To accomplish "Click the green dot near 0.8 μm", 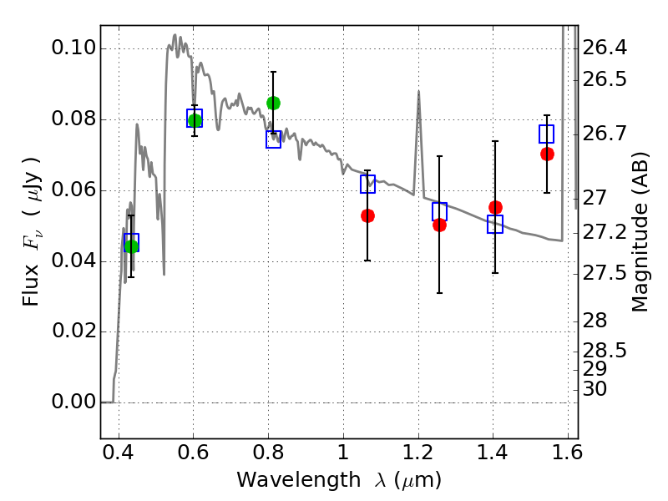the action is (x=273, y=103).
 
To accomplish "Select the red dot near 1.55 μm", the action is (x=548, y=154).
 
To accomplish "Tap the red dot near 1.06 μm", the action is (x=367, y=216).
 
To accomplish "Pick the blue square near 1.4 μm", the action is (x=495, y=224).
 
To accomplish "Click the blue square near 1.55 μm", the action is (x=547, y=134).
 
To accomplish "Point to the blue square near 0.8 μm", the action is (x=274, y=139).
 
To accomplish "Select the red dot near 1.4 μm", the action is (x=495, y=207).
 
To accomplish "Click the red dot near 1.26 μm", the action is (x=440, y=225).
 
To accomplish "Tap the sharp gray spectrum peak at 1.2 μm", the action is (x=419, y=91).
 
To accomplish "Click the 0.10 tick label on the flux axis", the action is (x=73, y=48).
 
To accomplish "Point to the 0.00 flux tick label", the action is (x=73, y=402).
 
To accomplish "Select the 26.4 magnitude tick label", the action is (x=605, y=48).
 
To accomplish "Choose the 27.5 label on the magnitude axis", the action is (x=605, y=273).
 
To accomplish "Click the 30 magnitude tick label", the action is (x=595, y=389).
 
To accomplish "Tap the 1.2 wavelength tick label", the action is (x=418, y=452).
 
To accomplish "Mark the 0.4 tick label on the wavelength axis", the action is (x=119, y=452).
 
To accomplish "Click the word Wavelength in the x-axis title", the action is (x=299, y=480).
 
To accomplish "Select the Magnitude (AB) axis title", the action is (x=640, y=232).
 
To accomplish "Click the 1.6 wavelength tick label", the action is (x=567, y=452).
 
